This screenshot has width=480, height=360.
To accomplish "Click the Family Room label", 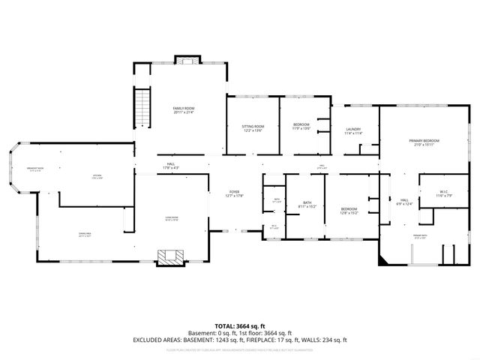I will tap(184, 110).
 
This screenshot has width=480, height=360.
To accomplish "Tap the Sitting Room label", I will tap(253, 128).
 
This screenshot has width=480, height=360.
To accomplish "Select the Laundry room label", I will tap(353, 131).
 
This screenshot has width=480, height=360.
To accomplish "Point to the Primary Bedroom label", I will tap(423, 142).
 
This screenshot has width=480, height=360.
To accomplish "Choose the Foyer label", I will tap(235, 194).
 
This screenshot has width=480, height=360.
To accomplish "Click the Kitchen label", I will tap(97, 177).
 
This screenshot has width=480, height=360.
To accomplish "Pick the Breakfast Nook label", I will tap(35, 169).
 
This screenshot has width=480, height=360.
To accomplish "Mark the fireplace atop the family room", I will tap(184, 60).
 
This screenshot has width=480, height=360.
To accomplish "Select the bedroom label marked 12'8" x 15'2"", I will tap(349, 211).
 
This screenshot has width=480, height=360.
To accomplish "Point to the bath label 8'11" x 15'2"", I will tap(307, 204).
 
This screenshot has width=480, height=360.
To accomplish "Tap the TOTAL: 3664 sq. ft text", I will tap(240, 326).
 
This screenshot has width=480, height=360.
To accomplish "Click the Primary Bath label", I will tap(419, 236).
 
